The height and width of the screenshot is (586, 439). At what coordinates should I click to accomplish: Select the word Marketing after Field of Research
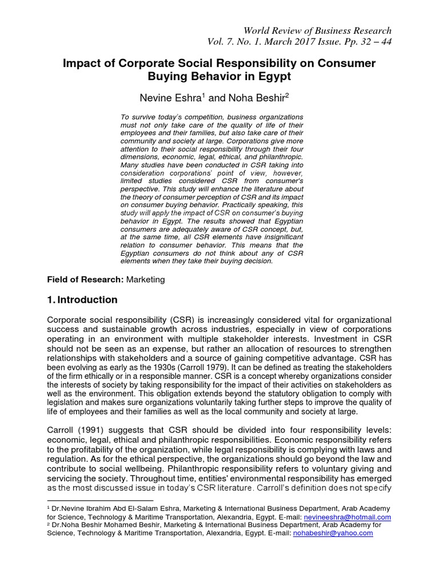[145, 279]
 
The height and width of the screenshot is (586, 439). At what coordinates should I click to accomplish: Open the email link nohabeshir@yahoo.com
[333, 533]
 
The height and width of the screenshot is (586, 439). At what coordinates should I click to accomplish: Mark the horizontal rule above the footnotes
[99, 500]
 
